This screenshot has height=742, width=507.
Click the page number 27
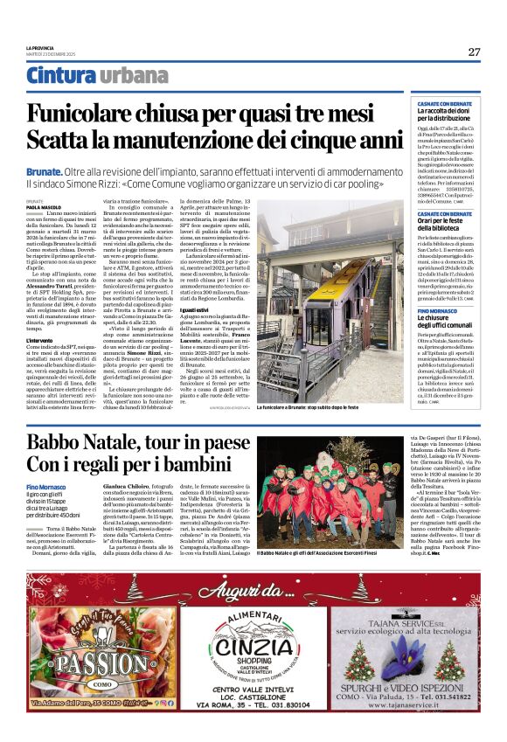coord(474,52)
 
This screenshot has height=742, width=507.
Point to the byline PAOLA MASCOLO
coord(40,207)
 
